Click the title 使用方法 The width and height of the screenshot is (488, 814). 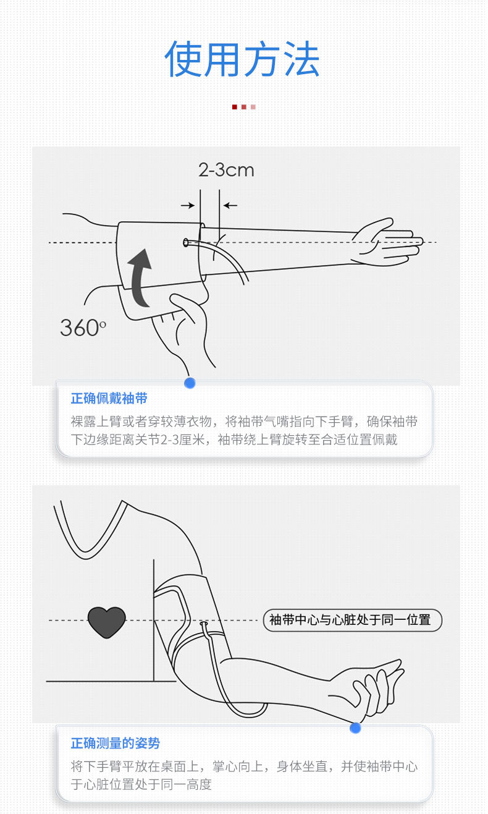tap(242, 59)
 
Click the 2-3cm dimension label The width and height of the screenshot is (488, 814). tap(226, 169)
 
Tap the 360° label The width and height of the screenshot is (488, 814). tap(83, 328)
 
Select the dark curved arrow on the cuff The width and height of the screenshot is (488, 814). tap(140, 278)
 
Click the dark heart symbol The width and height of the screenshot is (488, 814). tap(106, 622)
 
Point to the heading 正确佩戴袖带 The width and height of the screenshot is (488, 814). tap(109, 399)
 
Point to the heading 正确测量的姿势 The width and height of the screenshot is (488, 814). tap(115, 743)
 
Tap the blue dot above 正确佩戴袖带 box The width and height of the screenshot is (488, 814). tap(190, 383)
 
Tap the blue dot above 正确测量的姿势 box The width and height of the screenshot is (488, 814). tap(355, 728)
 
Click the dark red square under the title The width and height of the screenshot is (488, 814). tap(235, 107)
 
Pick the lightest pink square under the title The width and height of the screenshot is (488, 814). tap(253, 107)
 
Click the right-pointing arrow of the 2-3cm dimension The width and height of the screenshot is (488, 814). tap(188, 205)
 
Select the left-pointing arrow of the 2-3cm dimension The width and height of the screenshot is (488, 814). tap(230, 205)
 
